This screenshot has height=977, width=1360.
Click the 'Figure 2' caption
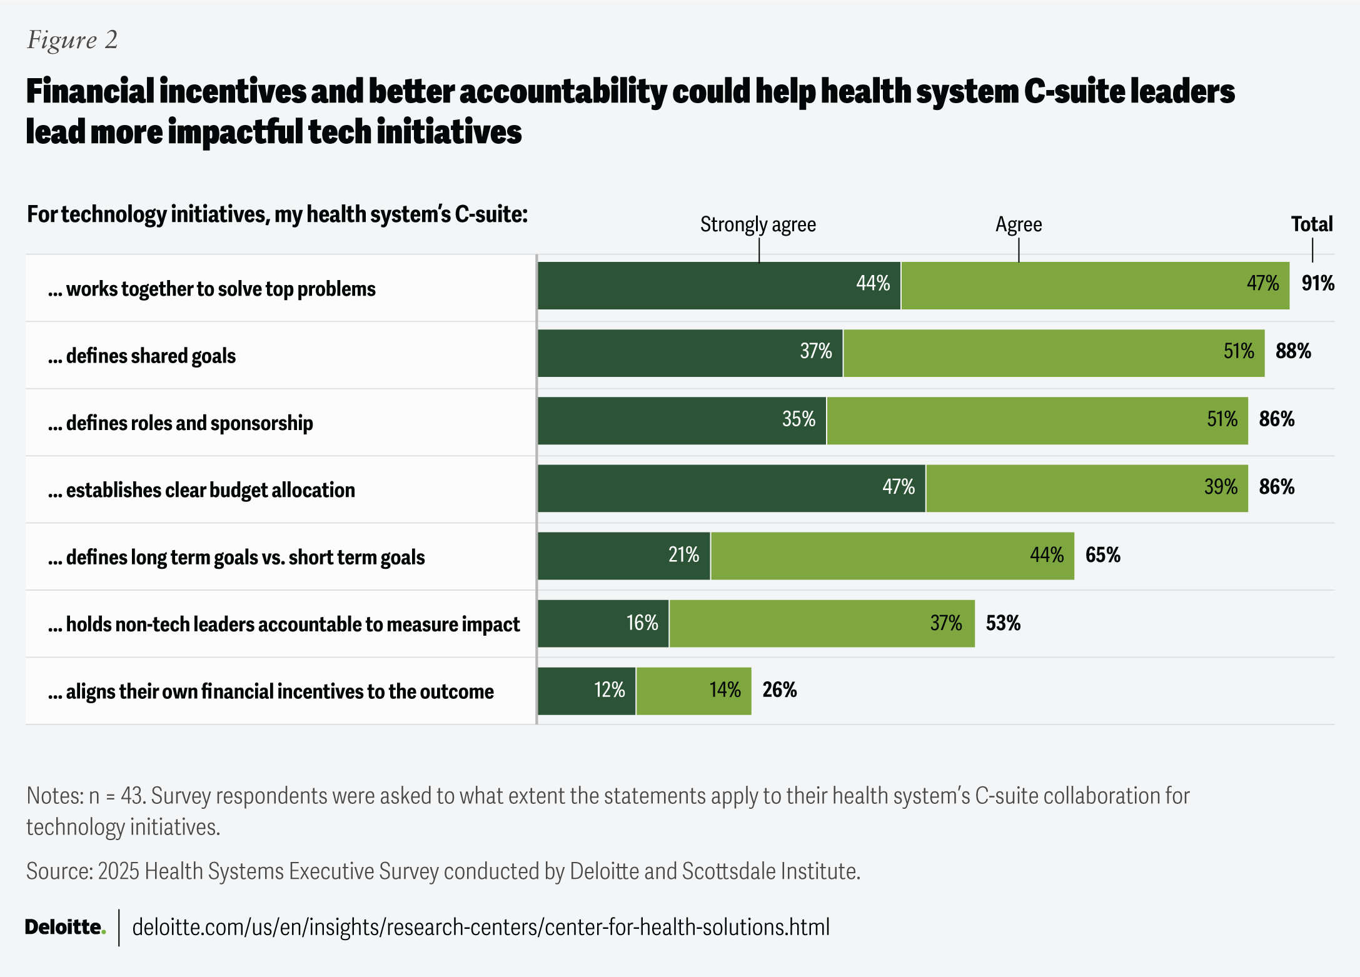point(73,40)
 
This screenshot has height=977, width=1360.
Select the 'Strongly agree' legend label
point(758,224)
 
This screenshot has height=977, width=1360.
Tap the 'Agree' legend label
point(1019,224)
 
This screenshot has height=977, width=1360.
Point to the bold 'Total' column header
point(1312,224)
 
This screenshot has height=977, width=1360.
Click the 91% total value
point(1317,284)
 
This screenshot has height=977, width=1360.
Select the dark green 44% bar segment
point(719,286)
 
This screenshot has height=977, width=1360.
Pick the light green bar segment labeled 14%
point(693,691)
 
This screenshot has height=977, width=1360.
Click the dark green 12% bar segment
point(587,691)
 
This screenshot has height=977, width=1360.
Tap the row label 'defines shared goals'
point(151,356)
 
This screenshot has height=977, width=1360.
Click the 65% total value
point(1102,555)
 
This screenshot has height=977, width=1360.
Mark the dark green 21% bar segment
point(624,556)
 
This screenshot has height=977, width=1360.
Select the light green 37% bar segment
point(822,623)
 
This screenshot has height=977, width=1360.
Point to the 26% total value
point(779,690)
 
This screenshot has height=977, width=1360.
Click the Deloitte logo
point(65,927)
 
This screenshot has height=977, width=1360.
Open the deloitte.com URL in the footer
point(481,927)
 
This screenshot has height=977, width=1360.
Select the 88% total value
point(1293,351)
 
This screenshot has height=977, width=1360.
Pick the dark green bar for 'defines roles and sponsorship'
point(682,421)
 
